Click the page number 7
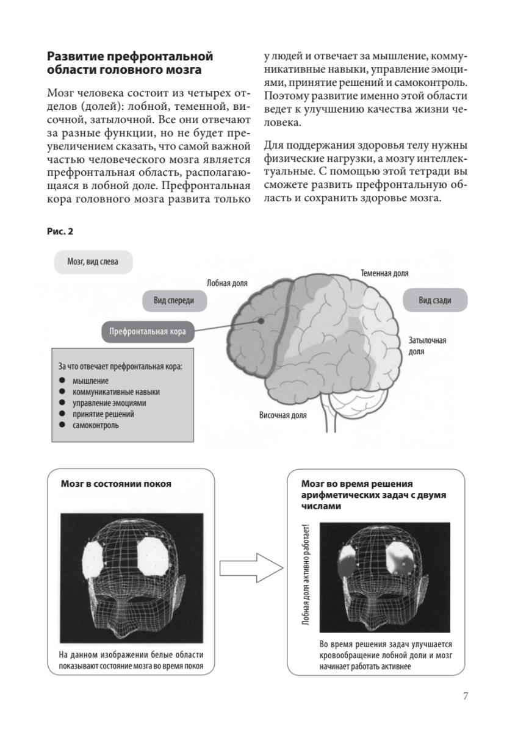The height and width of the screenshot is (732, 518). (x=466, y=695)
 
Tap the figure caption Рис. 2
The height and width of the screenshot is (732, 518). (x=60, y=232)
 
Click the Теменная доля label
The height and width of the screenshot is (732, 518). (x=384, y=274)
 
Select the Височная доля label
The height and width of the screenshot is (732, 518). (x=283, y=415)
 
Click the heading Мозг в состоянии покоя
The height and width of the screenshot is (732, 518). (x=116, y=484)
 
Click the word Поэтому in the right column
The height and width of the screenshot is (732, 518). (x=284, y=96)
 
